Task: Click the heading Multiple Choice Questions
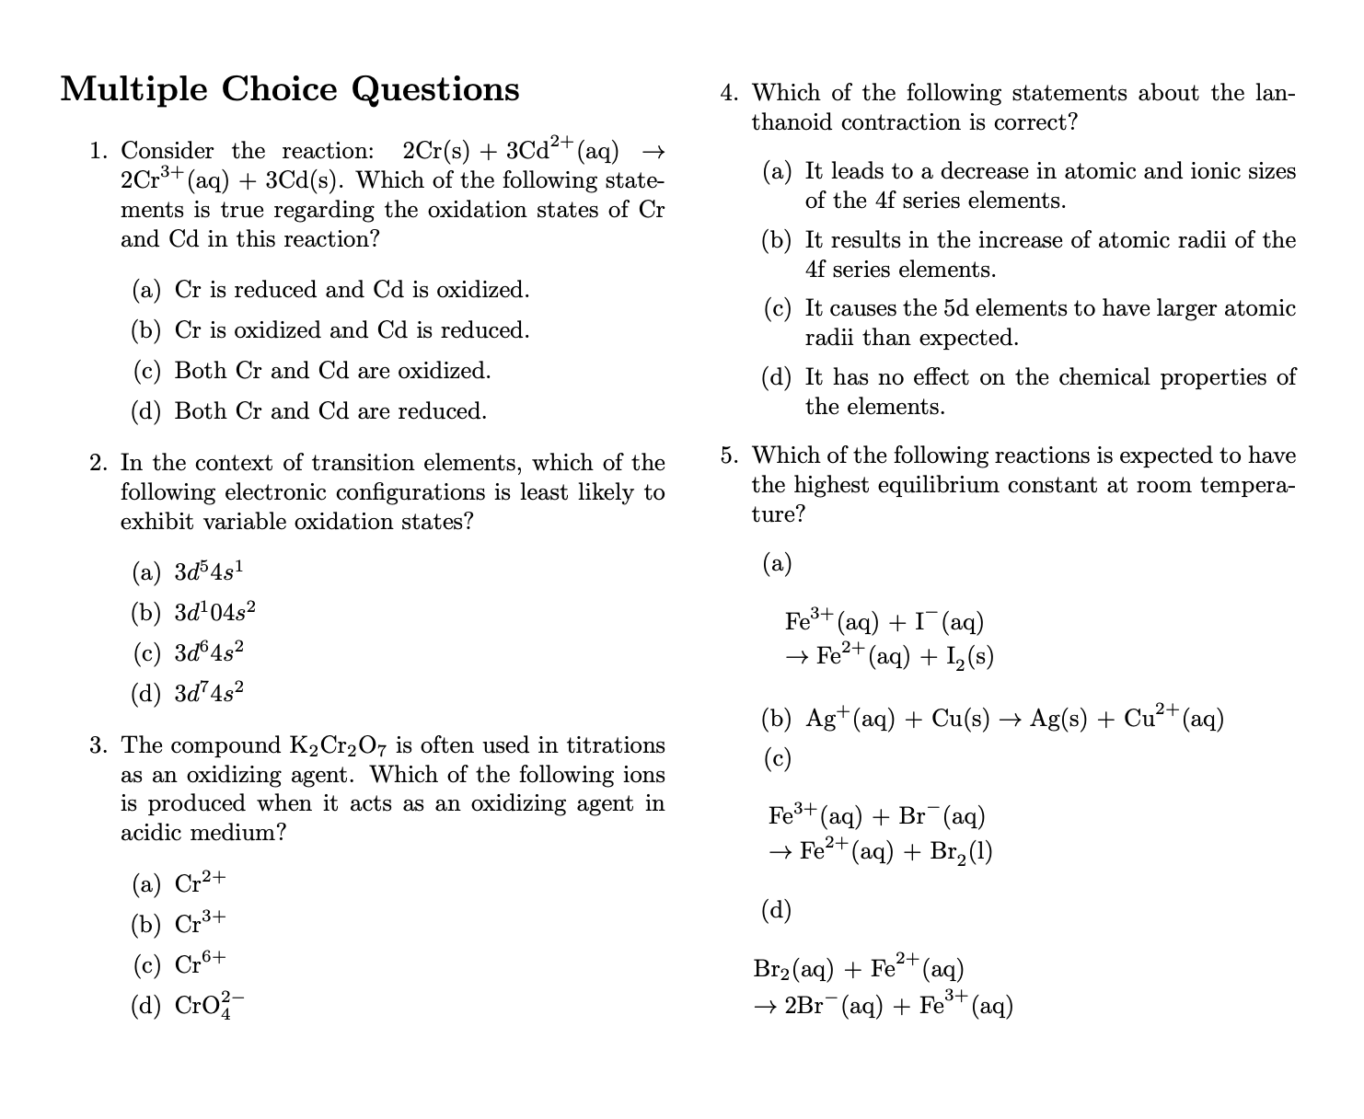(x=290, y=89)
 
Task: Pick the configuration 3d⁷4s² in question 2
(x=209, y=692)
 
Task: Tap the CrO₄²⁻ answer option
(x=211, y=1005)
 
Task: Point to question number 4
(x=729, y=93)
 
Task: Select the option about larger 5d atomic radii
(x=1049, y=322)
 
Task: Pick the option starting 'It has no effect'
(x=1049, y=391)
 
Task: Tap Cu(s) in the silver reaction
(x=961, y=719)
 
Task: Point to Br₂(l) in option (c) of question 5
(x=961, y=852)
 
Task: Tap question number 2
(x=98, y=463)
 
